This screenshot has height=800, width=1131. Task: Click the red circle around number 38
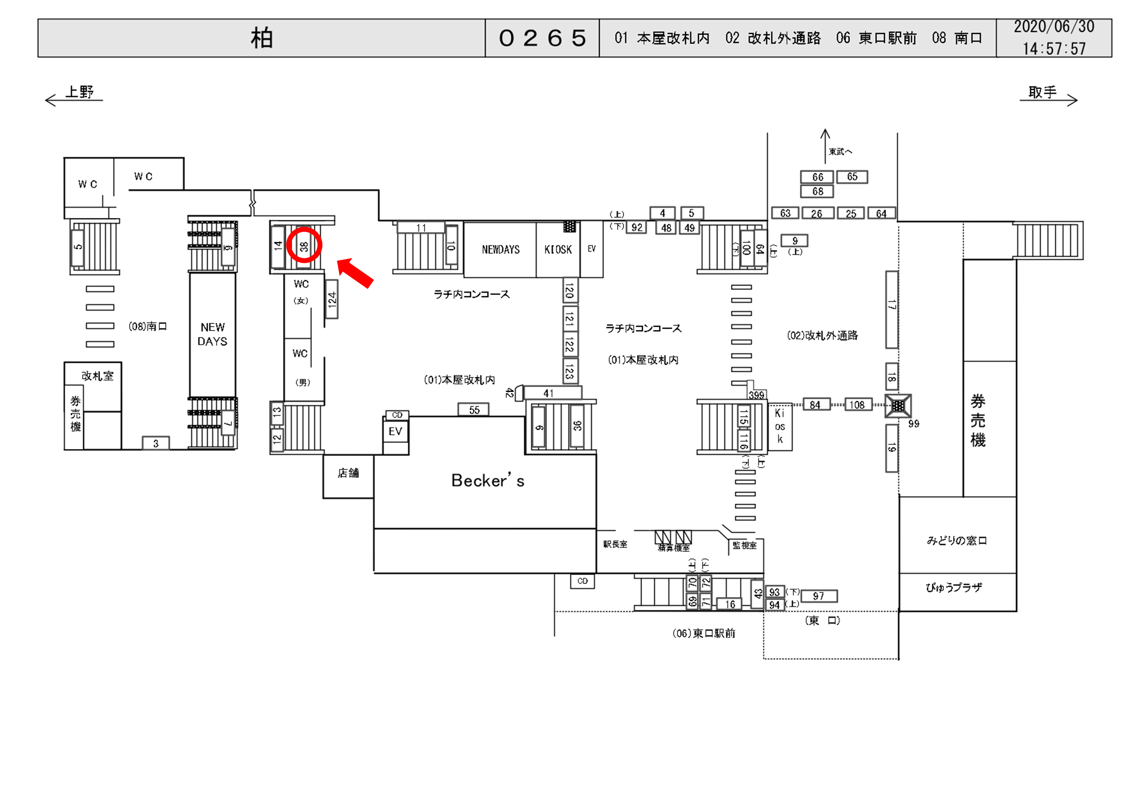tap(304, 245)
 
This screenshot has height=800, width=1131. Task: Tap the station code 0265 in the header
tap(542, 38)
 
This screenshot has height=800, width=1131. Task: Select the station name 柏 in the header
tap(262, 38)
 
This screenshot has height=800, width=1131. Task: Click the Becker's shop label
tap(488, 480)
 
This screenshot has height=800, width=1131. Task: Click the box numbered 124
tap(332, 299)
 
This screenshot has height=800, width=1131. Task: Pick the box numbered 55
tap(474, 410)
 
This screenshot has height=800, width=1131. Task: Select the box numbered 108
tap(857, 405)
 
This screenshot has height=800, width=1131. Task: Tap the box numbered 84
tap(815, 405)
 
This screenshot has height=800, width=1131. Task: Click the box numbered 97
tap(818, 596)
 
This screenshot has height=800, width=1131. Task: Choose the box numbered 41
tap(549, 393)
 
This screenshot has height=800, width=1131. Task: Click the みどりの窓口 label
tap(957, 540)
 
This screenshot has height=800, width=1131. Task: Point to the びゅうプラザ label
tap(954, 587)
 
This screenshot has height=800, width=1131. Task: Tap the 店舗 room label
tap(348, 473)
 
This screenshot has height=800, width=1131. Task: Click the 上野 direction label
tap(80, 92)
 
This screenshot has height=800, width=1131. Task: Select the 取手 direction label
tap(1042, 92)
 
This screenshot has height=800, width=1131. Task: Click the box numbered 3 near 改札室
tap(156, 443)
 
